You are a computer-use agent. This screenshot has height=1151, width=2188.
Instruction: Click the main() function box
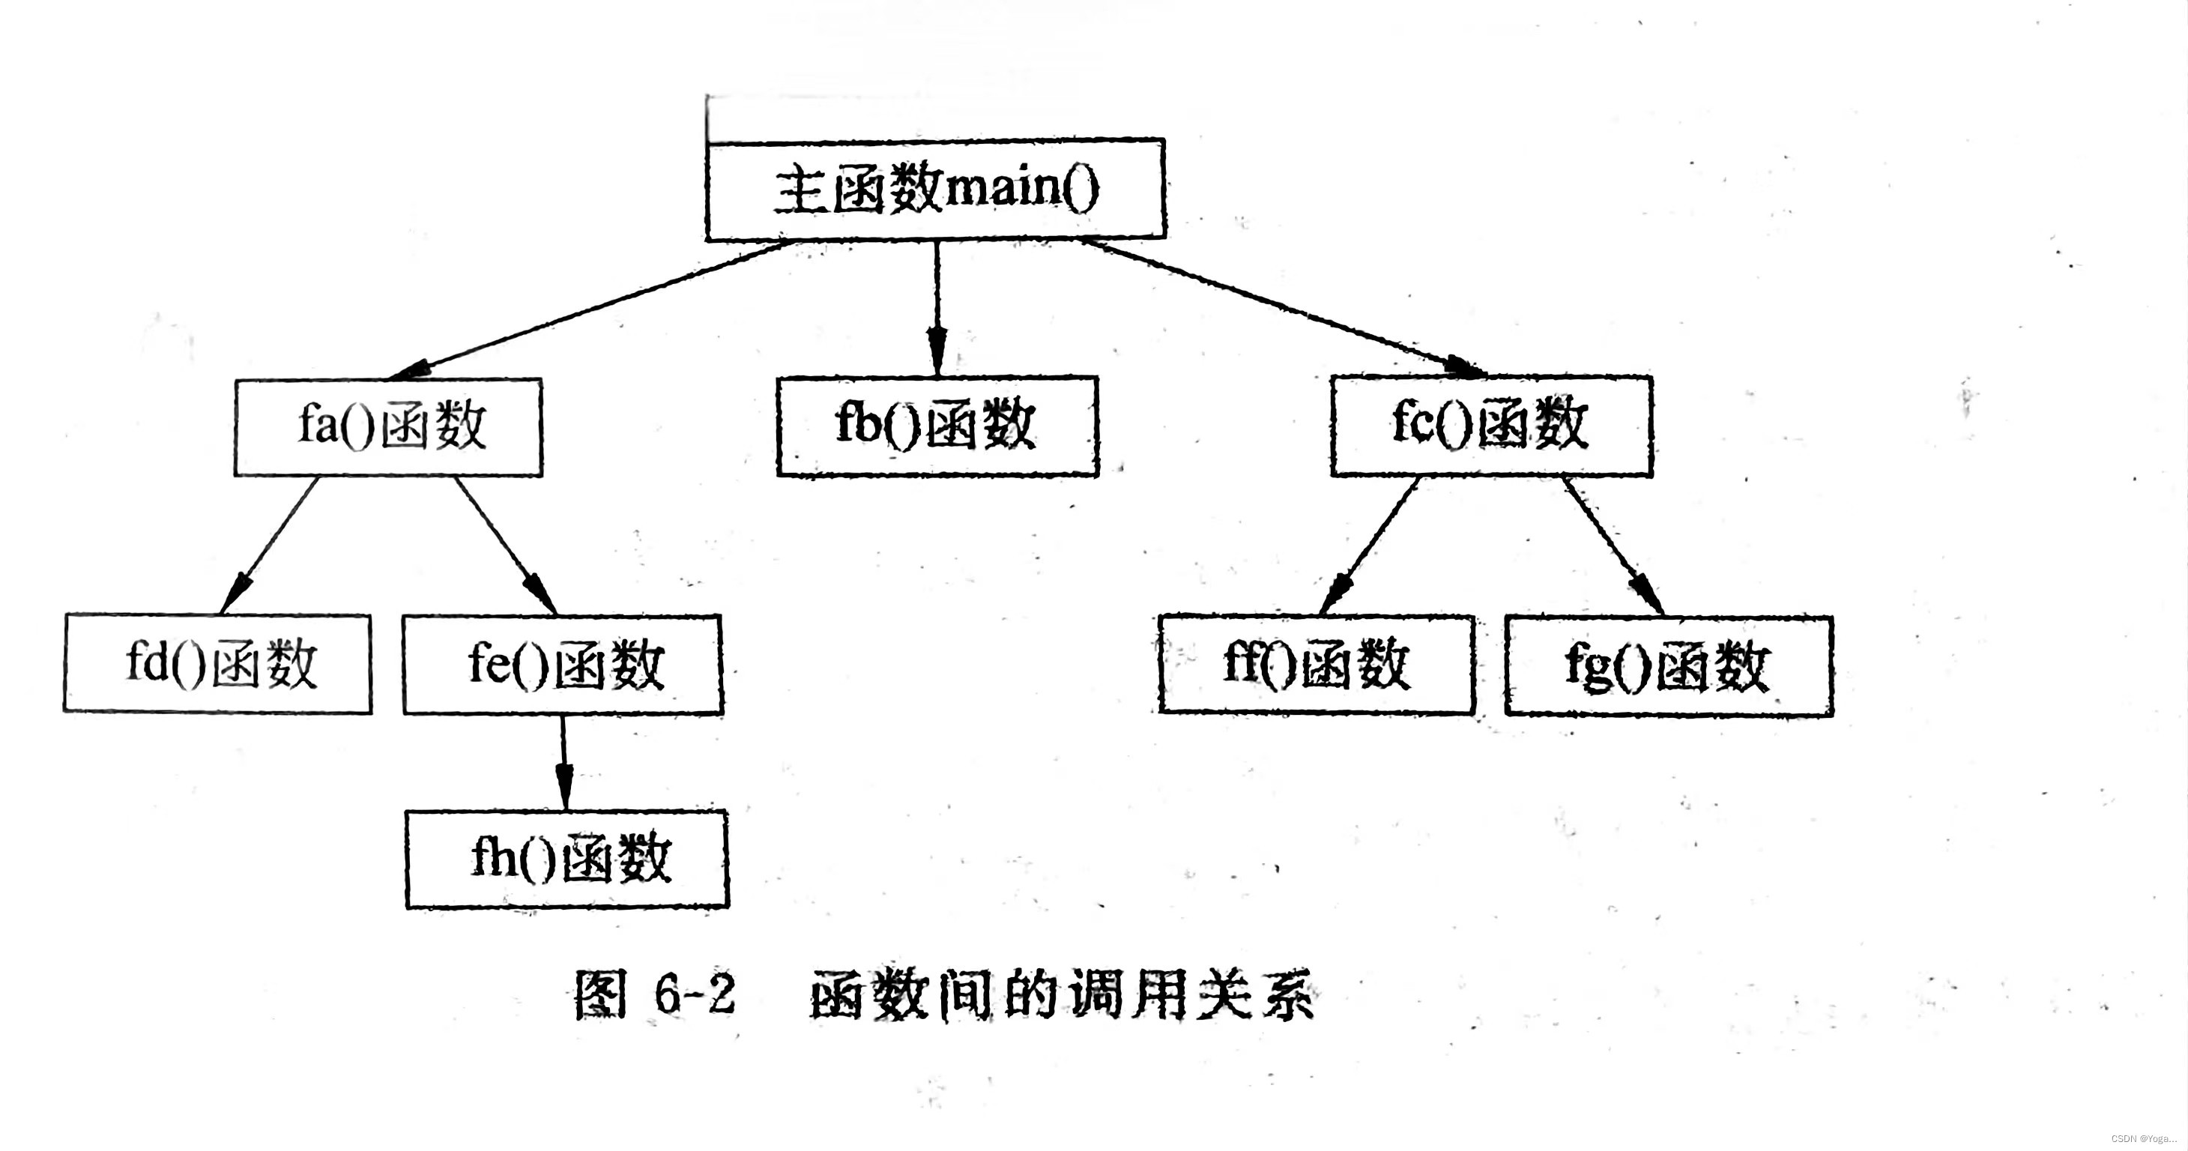point(935,190)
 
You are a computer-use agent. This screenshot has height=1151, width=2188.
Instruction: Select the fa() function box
point(389,426)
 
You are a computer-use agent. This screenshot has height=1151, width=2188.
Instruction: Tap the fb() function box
point(937,426)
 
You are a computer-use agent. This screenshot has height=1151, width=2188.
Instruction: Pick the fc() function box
point(1491,426)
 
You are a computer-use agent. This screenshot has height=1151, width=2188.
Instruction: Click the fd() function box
point(217,663)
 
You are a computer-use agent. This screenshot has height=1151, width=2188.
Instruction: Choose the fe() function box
point(563,664)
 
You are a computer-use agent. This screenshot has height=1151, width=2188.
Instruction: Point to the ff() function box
point(1317,664)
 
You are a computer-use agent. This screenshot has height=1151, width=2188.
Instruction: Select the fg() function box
point(1668,667)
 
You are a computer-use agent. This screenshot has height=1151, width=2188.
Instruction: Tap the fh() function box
point(567,859)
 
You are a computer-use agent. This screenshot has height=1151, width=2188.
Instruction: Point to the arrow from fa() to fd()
point(270,545)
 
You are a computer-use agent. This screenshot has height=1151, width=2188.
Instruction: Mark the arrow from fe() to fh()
point(563,762)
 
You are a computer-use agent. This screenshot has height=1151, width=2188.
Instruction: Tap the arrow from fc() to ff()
point(1369,546)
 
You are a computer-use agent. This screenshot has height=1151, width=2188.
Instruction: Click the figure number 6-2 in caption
point(694,993)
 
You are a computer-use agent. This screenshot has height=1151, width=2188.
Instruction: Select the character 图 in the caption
point(600,993)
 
